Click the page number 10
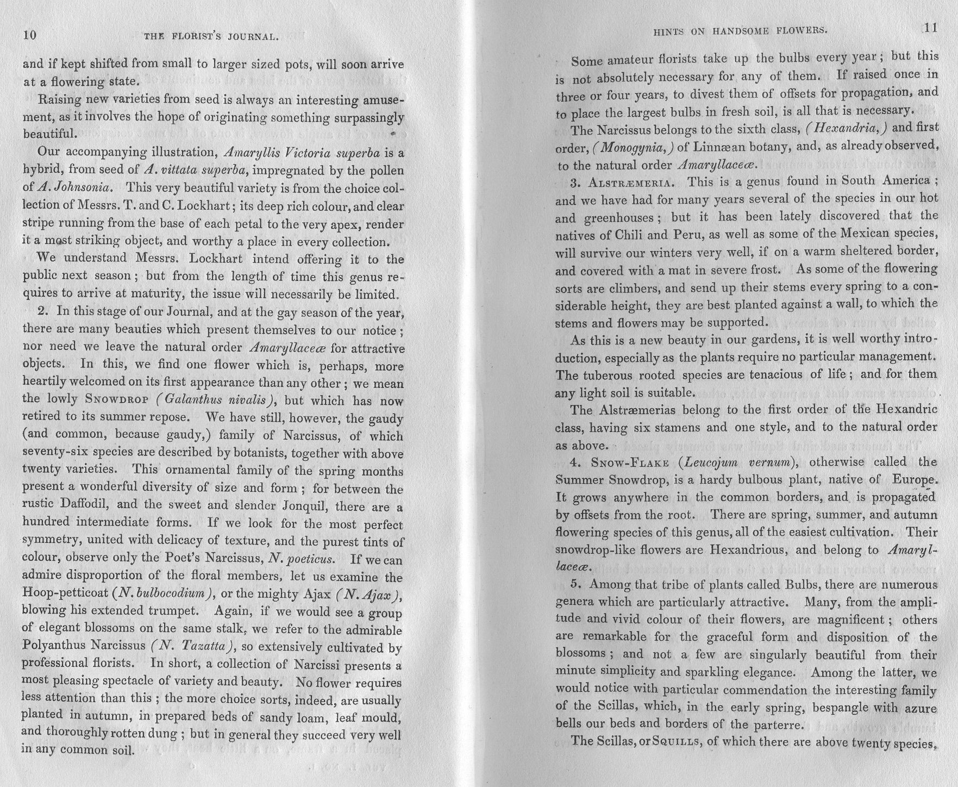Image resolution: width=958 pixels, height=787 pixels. coord(29,35)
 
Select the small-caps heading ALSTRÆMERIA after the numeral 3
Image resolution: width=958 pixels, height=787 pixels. coord(630,182)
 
